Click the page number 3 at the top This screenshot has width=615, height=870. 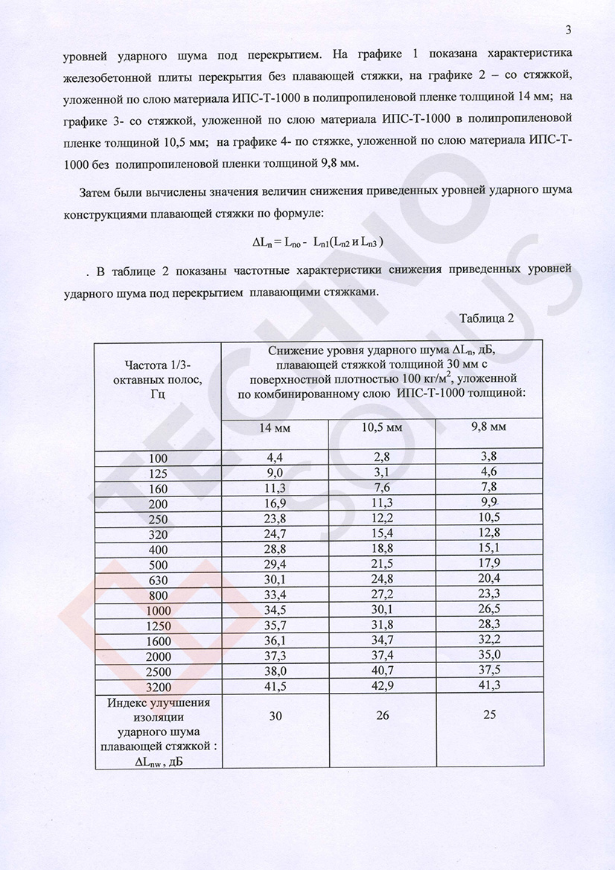[x=568, y=30]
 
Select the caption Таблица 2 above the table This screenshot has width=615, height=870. [x=487, y=319]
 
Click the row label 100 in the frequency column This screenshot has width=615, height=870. [x=159, y=458]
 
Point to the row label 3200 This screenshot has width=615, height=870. [x=159, y=685]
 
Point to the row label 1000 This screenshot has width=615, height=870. [x=159, y=610]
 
